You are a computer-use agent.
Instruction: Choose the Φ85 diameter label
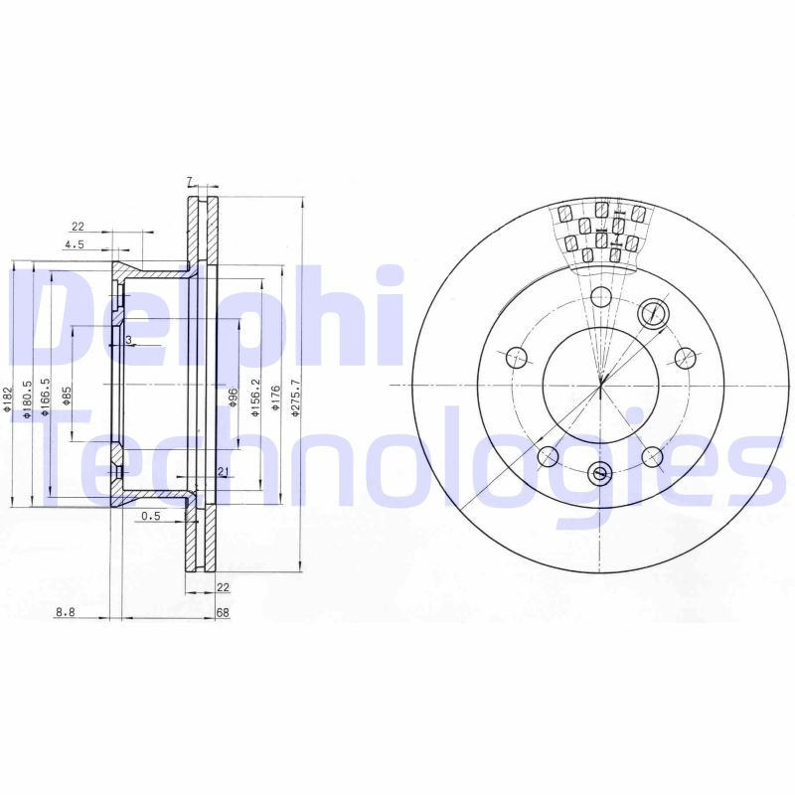click(x=67, y=396)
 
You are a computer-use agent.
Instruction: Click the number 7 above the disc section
click(x=189, y=181)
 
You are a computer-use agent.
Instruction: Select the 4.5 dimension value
click(x=74, y=244)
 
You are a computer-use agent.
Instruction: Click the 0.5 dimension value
click(x=151, y=516)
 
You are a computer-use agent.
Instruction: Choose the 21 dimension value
click(x=224, y=471)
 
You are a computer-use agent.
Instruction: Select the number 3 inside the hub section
click(x=128, y=341)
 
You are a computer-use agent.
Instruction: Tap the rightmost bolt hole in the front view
click(x=684, y=356)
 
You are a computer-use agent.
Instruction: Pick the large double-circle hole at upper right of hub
click(x=653, y=313)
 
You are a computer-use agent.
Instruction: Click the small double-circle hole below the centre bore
click(x=599, y=474)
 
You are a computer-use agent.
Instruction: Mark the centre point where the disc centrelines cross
click(x=600, y=385)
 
